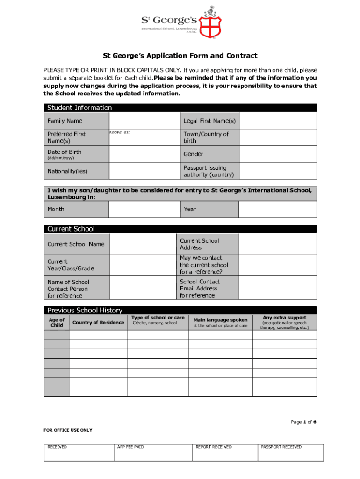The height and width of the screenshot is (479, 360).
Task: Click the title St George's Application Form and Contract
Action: (180, 56)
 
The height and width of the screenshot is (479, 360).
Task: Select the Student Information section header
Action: (79, 108)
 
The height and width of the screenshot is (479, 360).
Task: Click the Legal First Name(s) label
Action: (209, 121)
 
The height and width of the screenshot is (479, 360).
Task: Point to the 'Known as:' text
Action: (119, 132)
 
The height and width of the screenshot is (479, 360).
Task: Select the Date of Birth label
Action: (65, 152)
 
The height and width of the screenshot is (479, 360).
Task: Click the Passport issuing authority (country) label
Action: (209, 171)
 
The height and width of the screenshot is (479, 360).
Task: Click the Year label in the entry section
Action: (190, 209)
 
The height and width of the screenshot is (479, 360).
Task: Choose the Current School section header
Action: (71, 229)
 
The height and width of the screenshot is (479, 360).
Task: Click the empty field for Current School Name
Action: (142, 244)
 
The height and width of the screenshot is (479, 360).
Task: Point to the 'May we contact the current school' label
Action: (204, 265)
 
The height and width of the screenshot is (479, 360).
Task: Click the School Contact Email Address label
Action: (200, 289)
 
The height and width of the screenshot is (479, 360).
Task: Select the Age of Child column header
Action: (57, 322)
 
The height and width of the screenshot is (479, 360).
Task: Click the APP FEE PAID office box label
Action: (130, 447)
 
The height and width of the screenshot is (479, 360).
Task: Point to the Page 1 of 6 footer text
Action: (303, 422)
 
